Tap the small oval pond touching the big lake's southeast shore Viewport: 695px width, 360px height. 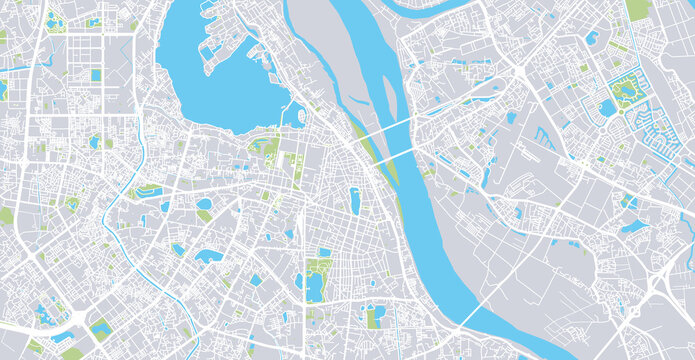pos(297,112)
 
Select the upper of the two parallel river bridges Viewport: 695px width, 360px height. pos(380,131)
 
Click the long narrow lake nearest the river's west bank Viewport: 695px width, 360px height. pos(355,200)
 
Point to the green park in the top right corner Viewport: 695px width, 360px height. pos(637,9)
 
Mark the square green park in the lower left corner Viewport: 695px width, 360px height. pos(100,329)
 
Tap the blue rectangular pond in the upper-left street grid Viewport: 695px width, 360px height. pos(96,75)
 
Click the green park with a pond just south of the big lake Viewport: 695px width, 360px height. pos(266,150)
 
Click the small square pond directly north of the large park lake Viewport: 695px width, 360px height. pos(324,252)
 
